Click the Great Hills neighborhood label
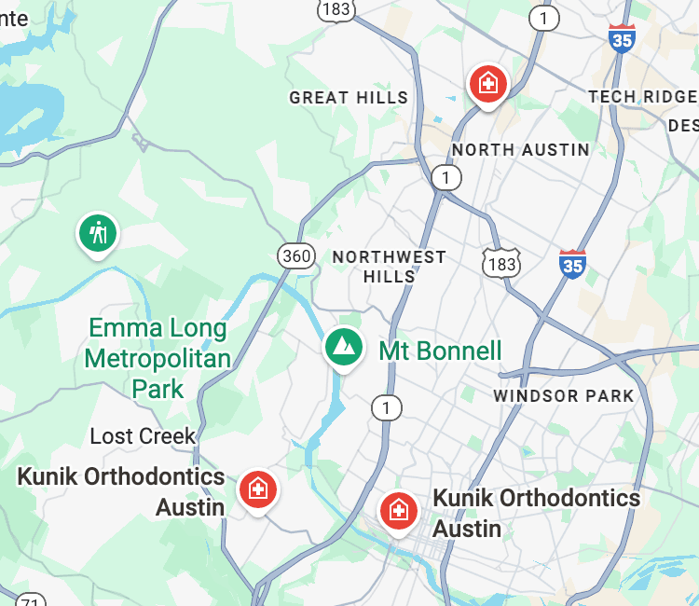[349, 97]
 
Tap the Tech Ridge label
[643, 96]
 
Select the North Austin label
[520, 149]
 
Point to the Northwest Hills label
[390, 267]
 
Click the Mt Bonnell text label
[440, 351]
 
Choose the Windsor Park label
[564, 396]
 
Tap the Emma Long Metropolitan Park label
[158, 358]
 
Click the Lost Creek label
[143, 435]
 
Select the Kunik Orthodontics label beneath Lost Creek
[121, 491]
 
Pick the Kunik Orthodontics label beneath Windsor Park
[536, 513]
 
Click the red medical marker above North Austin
[487, 84]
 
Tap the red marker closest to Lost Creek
[257, 489]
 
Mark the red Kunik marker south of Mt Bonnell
[398, 510]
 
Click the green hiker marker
[97, 232]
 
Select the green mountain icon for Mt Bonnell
[344, 347]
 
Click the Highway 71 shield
[30, 599]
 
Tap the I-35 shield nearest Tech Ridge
[622, 38]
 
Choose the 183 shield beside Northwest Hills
[501, 264]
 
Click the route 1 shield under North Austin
[446, 177]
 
